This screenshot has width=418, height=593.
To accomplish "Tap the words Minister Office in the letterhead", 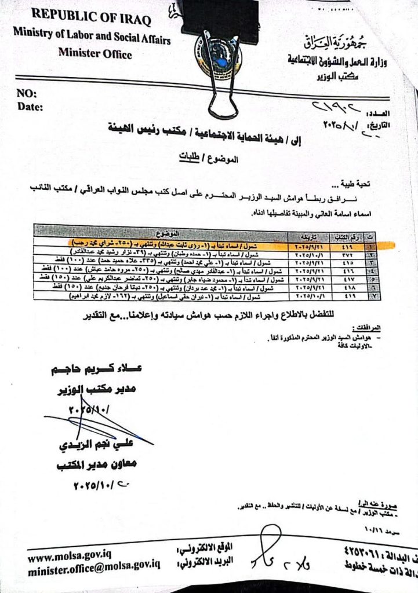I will coord(95,54).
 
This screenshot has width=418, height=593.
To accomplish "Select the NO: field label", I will coord(27,94).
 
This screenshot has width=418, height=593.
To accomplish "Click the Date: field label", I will coord(30,106).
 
